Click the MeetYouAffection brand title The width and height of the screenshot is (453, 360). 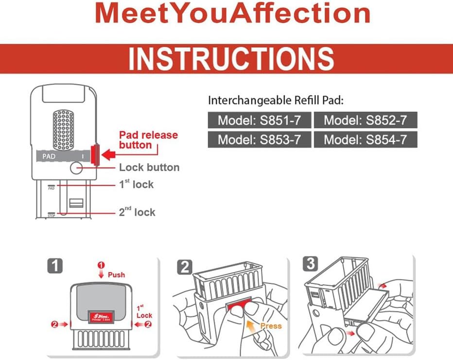pos(232,13)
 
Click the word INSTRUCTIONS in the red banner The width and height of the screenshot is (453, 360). pos(231,59)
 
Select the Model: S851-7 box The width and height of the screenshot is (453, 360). pos(259,120)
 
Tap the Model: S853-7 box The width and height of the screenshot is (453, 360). pos(259,140)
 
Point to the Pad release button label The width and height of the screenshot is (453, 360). pos(149,139)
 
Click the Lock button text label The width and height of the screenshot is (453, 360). pos(149,168)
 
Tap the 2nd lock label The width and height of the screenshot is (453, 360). pos(137,212)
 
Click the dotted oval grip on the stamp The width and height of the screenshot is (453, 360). pos(65,129)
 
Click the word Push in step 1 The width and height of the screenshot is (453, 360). pos(116,275)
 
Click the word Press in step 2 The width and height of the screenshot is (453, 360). pos(271,326)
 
